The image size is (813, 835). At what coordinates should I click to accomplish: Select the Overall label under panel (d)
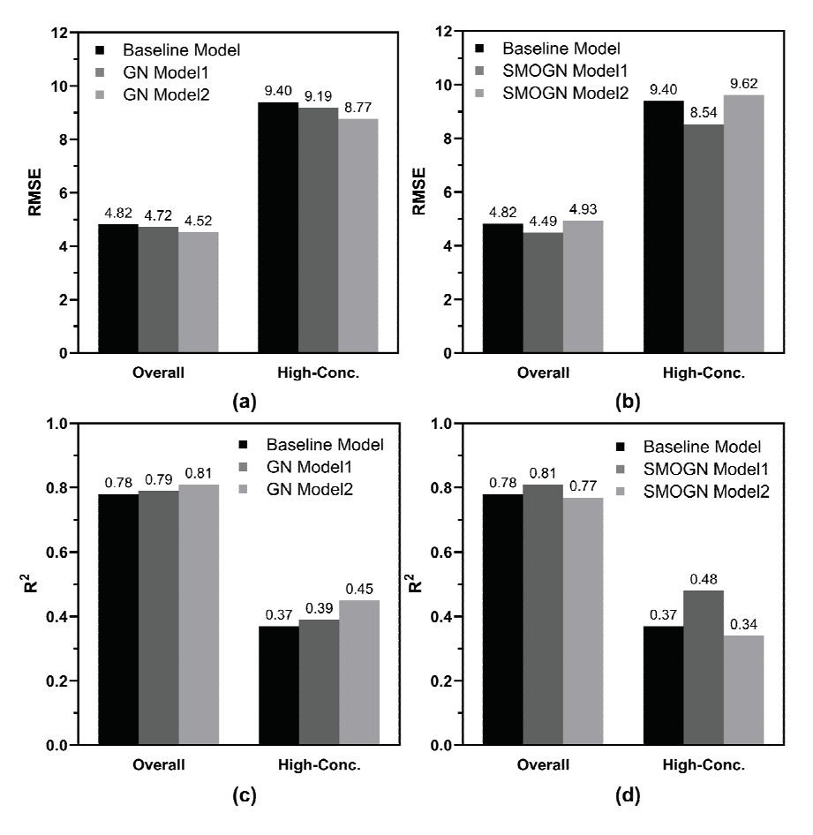[542, 764]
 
